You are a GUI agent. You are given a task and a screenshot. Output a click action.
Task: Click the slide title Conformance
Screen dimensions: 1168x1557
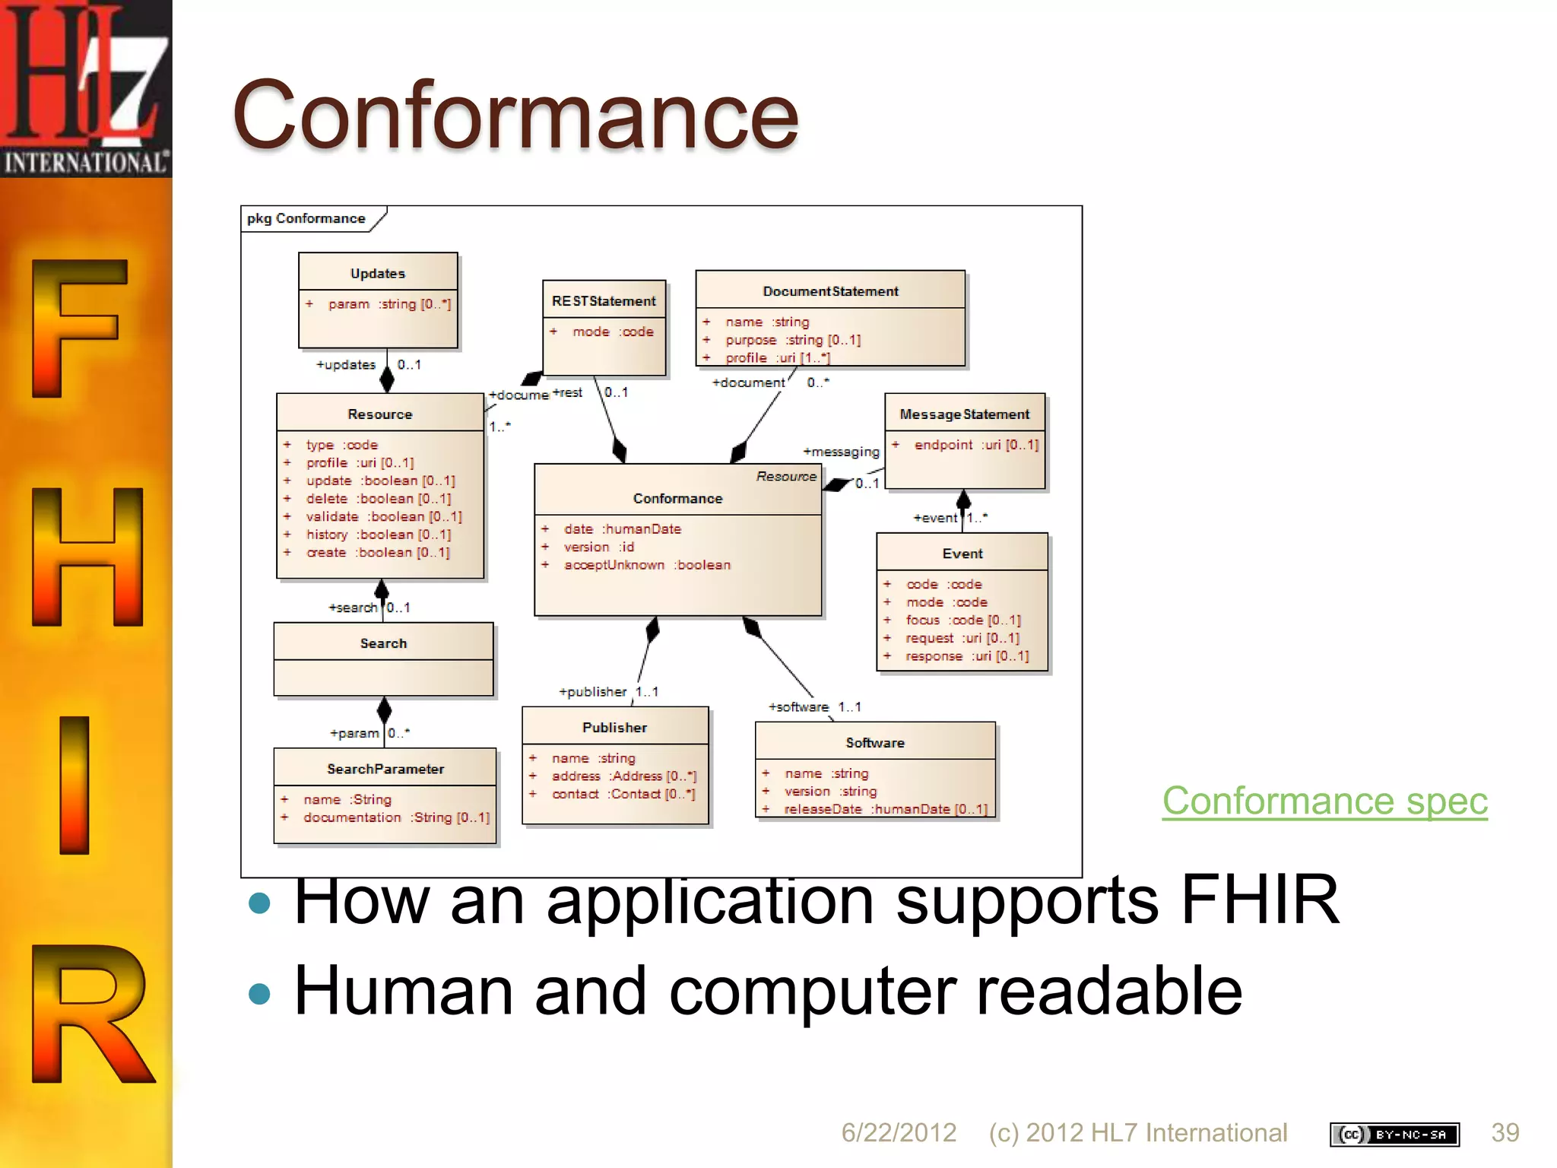(515, 116)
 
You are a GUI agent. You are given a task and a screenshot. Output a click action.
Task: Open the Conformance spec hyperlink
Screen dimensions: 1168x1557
(1324, 801)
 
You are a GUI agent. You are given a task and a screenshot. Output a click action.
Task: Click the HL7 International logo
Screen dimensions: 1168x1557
(86, 88)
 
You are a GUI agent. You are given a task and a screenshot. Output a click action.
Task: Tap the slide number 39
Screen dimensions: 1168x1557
(1505, 1132)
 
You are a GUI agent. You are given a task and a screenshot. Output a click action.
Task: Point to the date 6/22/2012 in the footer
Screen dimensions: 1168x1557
(898, 1132)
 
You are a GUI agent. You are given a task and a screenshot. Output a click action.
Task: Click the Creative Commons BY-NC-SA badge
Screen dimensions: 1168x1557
(1394, 1135)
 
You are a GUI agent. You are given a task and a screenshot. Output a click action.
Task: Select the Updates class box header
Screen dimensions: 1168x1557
(378, 273)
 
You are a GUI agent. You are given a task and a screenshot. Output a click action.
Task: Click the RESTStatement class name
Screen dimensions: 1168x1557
(604, 301)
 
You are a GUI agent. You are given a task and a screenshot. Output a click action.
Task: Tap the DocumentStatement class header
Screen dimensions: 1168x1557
(830, 291)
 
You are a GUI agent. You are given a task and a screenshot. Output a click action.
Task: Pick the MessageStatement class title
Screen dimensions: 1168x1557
(964, 414)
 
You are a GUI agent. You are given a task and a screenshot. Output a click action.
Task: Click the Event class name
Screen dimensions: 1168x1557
(962, 554)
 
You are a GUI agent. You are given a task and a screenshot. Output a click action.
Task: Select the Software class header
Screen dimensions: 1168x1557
(875, 743)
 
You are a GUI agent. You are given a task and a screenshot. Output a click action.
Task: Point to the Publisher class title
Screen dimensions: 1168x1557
(614, 728)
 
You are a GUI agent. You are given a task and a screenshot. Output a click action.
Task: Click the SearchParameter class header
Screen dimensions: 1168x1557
(385, 769)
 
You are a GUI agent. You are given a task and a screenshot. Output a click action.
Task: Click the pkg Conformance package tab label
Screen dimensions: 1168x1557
(306, 218)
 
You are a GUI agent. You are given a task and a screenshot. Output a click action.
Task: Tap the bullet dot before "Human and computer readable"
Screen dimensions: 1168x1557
(260, 994)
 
